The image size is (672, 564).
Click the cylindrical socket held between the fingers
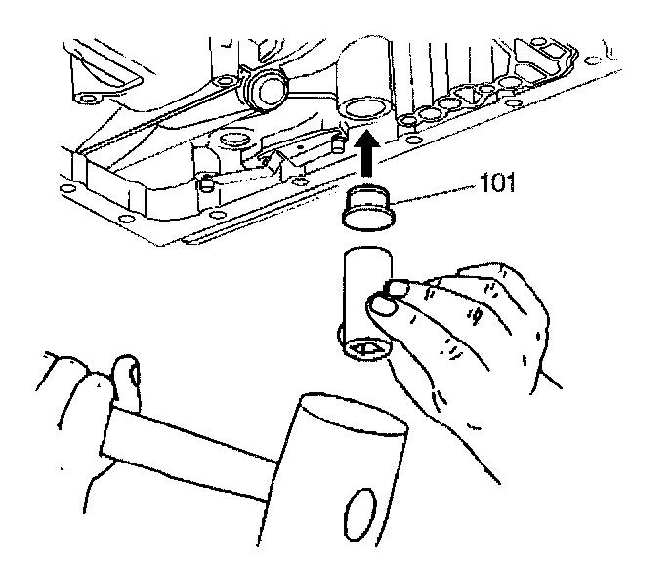pos(364,298)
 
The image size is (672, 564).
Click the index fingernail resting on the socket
pos(398,287)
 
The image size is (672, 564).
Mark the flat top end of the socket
pos(366,257)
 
